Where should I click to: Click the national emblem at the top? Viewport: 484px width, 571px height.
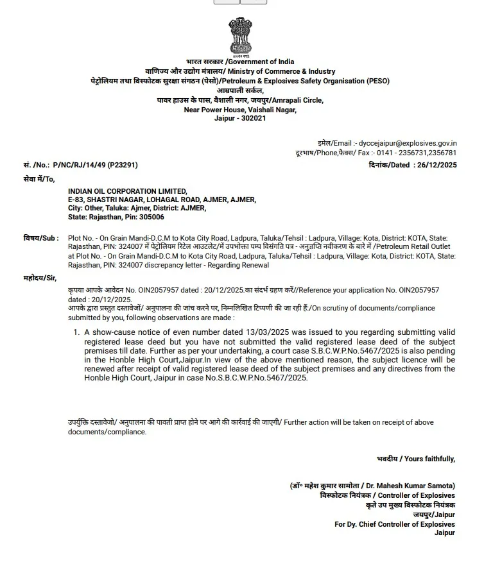pyautogui.click(x=241, y=37)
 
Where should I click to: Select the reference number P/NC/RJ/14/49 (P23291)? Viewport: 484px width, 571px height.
pyautogui.click(x=95, y=165)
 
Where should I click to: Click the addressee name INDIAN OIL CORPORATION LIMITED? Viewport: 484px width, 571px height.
pyautogui.click(x=128, y=191)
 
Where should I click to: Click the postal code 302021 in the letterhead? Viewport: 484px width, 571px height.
pyautogui.click(x=252, y=119)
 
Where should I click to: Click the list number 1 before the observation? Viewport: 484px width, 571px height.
pyautogui.click(x=76, y=332)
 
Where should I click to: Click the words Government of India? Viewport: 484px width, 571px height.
pyautogui.click(x=261, y=62)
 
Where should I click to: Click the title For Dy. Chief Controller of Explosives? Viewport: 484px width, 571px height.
pyautogui.click(x=394, y=524)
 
